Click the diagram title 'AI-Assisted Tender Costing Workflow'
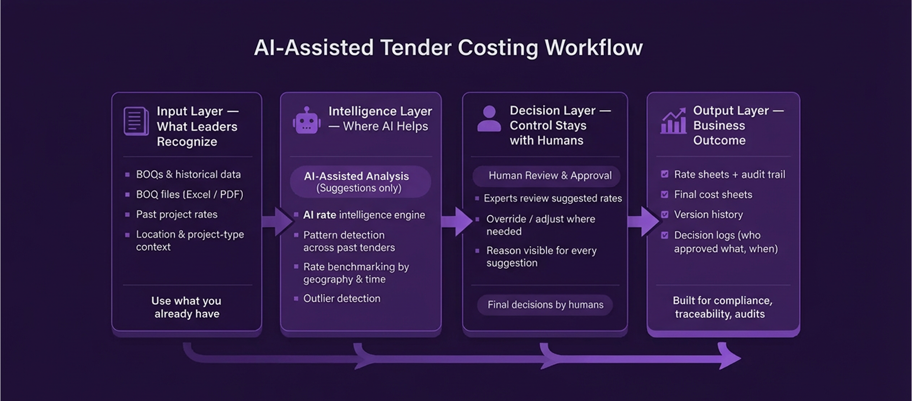click(448, 47)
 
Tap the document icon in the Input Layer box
click(136, 121)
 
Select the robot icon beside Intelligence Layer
click(306, 120)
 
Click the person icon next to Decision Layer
click(489, 119)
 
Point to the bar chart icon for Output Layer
click(673, 121)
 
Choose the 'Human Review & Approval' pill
click(546, 176)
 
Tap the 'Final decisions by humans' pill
click(545, 305)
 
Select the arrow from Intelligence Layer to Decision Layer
click(456, 222)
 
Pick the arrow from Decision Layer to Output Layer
click(643, 222)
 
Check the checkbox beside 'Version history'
click(665, 215)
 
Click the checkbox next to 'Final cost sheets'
click(665, 194)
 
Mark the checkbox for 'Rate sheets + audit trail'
click(665, 174)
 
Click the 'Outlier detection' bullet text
click(342, 299)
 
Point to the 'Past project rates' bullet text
click(176, 215)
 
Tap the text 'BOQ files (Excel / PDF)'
click(190, 194)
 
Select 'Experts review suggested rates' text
click(552, 198)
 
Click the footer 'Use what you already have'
click(187, 307)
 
